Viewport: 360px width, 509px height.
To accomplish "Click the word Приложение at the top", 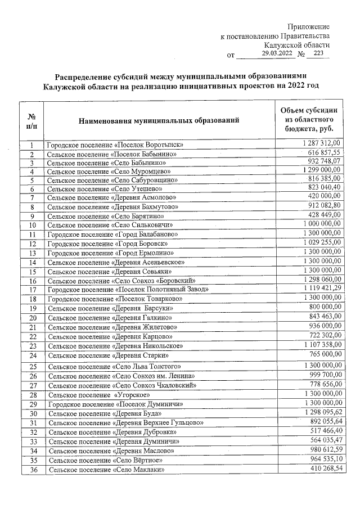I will (308, 27).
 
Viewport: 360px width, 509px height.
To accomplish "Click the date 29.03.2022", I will (277, 53).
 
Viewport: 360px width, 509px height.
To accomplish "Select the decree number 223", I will (318, 53).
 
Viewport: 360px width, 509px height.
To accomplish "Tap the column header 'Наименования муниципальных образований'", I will (159, 120).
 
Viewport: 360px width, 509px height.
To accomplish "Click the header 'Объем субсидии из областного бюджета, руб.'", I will (309, 119).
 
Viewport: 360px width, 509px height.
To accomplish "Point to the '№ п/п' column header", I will (32, 120).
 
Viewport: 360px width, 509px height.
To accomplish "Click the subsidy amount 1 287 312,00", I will (322, 145).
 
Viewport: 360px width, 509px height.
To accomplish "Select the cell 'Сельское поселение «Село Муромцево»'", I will (109, 171).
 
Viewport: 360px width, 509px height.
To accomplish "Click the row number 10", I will (33, 226).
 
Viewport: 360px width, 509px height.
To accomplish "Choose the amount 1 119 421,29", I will (322, 289).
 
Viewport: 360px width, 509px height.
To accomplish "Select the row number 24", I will (33, 355).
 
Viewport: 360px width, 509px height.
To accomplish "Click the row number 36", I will (33, 470).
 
